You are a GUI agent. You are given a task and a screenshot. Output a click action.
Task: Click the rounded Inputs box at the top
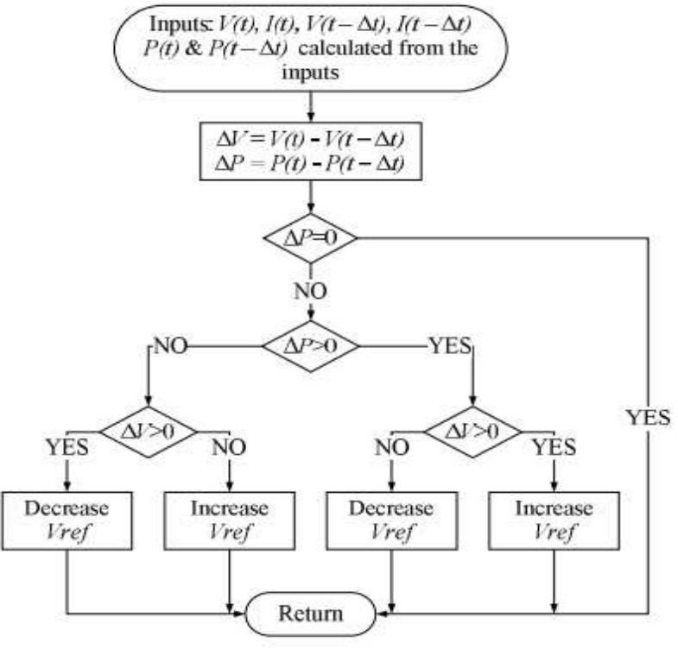tap(311, 48)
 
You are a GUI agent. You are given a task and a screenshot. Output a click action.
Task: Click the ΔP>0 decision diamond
tap(311, 346)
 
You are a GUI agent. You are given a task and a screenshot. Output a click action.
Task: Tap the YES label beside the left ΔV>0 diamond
tap(67, 447)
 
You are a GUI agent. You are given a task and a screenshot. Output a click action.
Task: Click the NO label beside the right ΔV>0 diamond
tap(391, 447)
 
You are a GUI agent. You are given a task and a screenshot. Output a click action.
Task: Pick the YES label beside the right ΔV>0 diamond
tap(553, 447)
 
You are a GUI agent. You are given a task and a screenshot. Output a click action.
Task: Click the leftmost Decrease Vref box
tap(67, 519)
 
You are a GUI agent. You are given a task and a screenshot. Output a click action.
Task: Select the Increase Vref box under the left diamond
tap(229, 519)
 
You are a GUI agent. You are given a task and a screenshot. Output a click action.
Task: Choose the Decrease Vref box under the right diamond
tap(391, 519)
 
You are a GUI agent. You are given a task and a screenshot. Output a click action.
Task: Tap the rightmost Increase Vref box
tap(553, 519)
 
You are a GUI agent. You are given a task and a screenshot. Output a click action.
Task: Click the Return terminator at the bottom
tap(310, 614)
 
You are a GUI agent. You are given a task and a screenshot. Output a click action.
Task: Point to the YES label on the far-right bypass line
tap(647, 418)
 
